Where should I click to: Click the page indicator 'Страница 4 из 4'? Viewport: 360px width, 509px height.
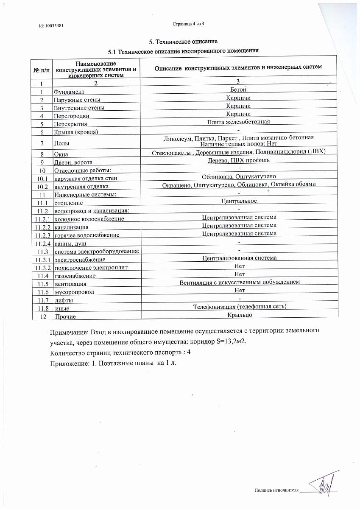click(189, 23)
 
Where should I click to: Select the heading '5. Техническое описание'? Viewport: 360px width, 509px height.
click(183, 42)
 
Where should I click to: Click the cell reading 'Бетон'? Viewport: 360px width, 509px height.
click(238, 89)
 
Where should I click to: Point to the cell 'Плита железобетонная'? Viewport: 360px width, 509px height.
click(238, 122)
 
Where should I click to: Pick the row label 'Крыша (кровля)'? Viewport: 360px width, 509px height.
click(75, 132)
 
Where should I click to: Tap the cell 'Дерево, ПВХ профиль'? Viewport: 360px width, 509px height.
click(238, 160)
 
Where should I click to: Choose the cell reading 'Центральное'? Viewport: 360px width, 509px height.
click(238, 201)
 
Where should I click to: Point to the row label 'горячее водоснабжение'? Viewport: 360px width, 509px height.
click(87, 235)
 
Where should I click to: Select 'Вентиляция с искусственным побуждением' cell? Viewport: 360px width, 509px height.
click(239, 282)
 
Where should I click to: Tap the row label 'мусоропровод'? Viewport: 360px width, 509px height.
click(73, 292)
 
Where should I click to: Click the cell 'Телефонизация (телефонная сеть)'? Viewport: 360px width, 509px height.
click(240, 307)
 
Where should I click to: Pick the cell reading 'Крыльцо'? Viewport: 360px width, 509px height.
click(239, 315)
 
